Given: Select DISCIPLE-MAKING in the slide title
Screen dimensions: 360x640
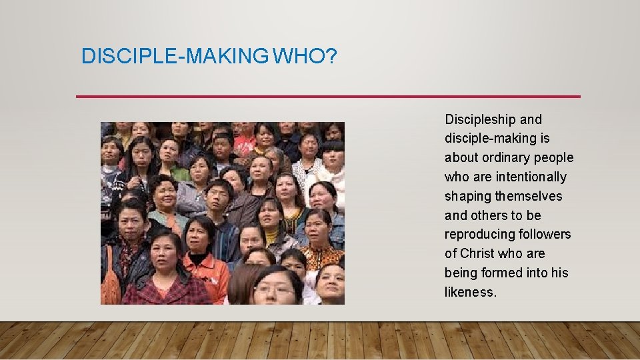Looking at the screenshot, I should coord(174,56).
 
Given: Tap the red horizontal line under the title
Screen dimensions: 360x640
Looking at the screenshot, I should coord(328,97).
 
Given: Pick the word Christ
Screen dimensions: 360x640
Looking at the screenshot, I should coord(477,254).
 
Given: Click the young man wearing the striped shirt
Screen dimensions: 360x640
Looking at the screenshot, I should coord(221,213).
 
